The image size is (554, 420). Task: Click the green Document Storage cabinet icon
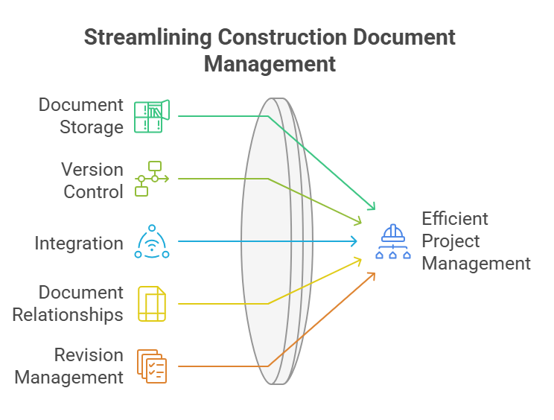point(151,116)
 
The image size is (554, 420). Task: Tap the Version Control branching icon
point(151,179)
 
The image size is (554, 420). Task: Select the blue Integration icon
point(151,241)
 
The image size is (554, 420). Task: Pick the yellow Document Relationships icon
point(152,304)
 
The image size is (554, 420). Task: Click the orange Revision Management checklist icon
point(152,366)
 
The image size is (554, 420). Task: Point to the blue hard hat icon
point(392,241)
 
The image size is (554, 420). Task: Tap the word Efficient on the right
point(455,219)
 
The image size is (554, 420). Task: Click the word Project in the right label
point(450,241)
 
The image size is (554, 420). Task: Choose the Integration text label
point(78,243)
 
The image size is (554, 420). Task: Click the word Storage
point(91,127)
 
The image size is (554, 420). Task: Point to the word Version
point(92,169)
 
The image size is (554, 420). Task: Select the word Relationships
point(68,315)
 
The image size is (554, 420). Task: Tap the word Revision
point(89,355)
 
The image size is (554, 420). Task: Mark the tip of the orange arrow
point(373,275)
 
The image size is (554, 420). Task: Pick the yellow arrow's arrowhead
point(359,260)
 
